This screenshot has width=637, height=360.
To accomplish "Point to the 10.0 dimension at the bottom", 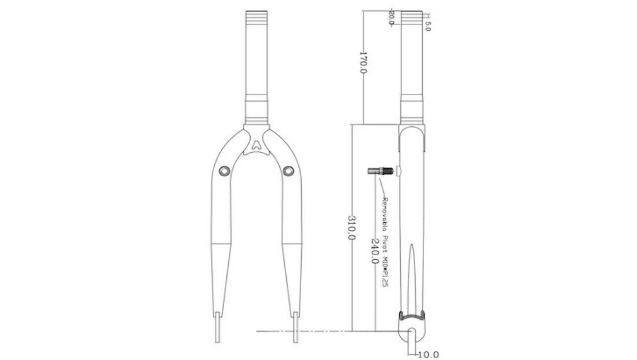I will click(428, 354).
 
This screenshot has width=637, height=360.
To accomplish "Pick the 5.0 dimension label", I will click(427, 26).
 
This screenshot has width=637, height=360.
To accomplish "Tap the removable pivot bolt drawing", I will click(380, 171).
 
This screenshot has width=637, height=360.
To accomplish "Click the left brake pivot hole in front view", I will click(224, 170).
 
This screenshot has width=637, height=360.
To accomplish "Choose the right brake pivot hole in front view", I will click(290, 170).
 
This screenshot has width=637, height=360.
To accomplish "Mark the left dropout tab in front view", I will click(218, 327).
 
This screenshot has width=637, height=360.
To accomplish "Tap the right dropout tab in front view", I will click(296, 327).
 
